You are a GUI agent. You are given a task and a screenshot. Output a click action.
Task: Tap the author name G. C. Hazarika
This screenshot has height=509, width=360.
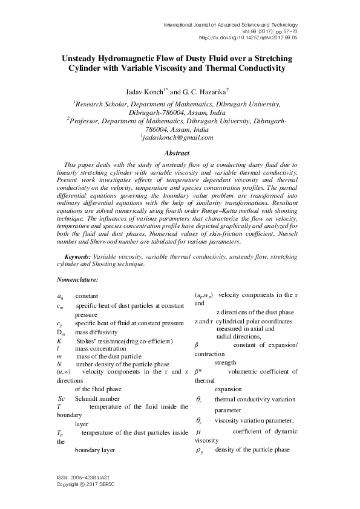pos(206,92)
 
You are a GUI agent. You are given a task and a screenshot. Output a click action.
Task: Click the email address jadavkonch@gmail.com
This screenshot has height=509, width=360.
pos(177,137)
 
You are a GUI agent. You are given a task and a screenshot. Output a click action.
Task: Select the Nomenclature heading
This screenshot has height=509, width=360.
pos(77,280)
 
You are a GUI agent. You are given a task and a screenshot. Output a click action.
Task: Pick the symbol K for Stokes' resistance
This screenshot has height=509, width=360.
pos(59,340)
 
